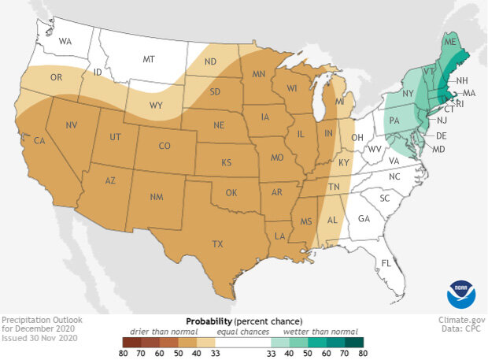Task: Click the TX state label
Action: click(x=216, y=245)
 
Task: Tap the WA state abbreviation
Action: click(x=65, y=40)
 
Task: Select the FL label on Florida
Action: click(x=386, y=262)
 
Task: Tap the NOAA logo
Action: click(x=460, y=292)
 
